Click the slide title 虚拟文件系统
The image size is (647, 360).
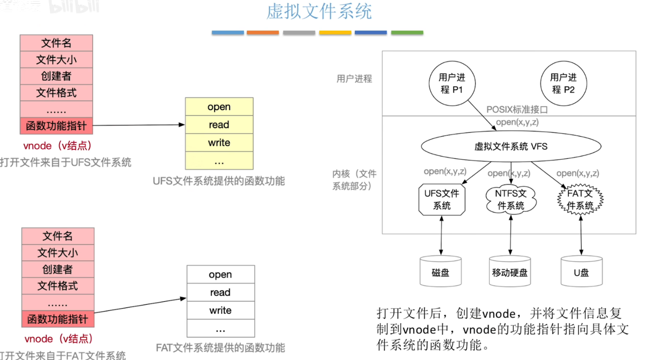click(319, 12)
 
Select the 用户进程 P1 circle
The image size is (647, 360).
click(452, 83)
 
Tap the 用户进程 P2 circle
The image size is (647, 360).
click(563, 83)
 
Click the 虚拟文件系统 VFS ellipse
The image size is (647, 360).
click(511, 147)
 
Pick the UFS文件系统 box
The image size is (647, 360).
click(441, 200)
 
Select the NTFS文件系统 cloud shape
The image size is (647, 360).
click(511, 200)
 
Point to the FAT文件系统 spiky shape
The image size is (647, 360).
click(580, 200)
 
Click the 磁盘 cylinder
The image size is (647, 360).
click(441, 272)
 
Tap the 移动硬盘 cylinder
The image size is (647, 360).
click(510, 272)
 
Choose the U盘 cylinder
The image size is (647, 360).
click(581, 272)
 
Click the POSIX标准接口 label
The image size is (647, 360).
click(517, 110)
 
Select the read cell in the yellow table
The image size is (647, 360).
click(219, 125)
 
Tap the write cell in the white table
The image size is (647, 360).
click(221, 310)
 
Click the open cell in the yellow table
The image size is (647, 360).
click(219, 107)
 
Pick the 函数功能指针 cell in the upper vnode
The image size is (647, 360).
click(56, 126)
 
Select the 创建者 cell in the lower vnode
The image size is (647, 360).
click(58, 269)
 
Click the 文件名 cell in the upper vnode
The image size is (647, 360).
click(56, 43)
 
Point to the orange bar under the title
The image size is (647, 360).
click(263, 32)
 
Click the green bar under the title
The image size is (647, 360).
click(407, 32)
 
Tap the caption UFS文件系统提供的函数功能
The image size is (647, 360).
click(218, 181)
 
